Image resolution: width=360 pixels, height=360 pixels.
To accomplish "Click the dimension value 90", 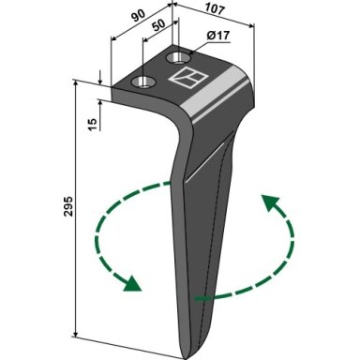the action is coord(138,16).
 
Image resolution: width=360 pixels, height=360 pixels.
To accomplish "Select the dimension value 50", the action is coord(158,25).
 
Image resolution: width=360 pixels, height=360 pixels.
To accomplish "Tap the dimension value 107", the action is coord(216,9).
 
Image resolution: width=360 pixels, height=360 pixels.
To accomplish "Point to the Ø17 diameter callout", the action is coord(218,36).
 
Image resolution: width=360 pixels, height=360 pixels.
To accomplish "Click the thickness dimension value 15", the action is coord(93,125).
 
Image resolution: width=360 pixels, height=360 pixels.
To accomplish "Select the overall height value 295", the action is coord(67,206).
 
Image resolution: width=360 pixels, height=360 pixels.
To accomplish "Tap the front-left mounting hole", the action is coord(143,82).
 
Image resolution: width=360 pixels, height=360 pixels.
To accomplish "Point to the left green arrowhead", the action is coord(132,284).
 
